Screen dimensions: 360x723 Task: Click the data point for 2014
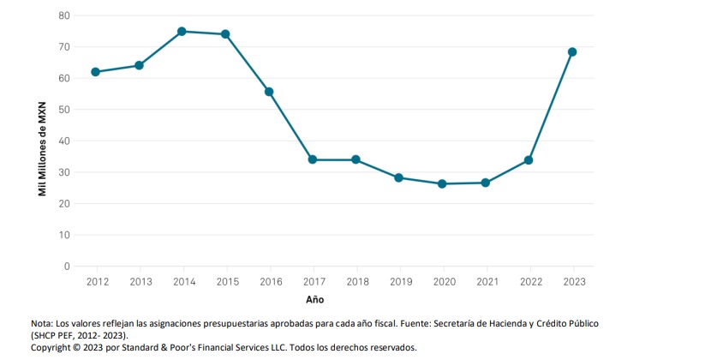click(x=182, y=31)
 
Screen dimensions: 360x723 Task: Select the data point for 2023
click(x=572, y=51)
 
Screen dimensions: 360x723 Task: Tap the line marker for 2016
click(x=269, y=92)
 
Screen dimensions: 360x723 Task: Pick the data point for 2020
click(x=442, y=183)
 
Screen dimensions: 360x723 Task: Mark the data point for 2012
click(x=95, y=72)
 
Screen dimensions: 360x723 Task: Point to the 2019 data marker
click(x=398, y=177)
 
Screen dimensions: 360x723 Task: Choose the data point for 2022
click(x=529, y=160)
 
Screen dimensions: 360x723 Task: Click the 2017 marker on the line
click(x=313, y=159)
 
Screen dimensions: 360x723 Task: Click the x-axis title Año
click(x=315, y=300)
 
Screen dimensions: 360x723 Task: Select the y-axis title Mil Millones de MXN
click(x=42, y=141)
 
